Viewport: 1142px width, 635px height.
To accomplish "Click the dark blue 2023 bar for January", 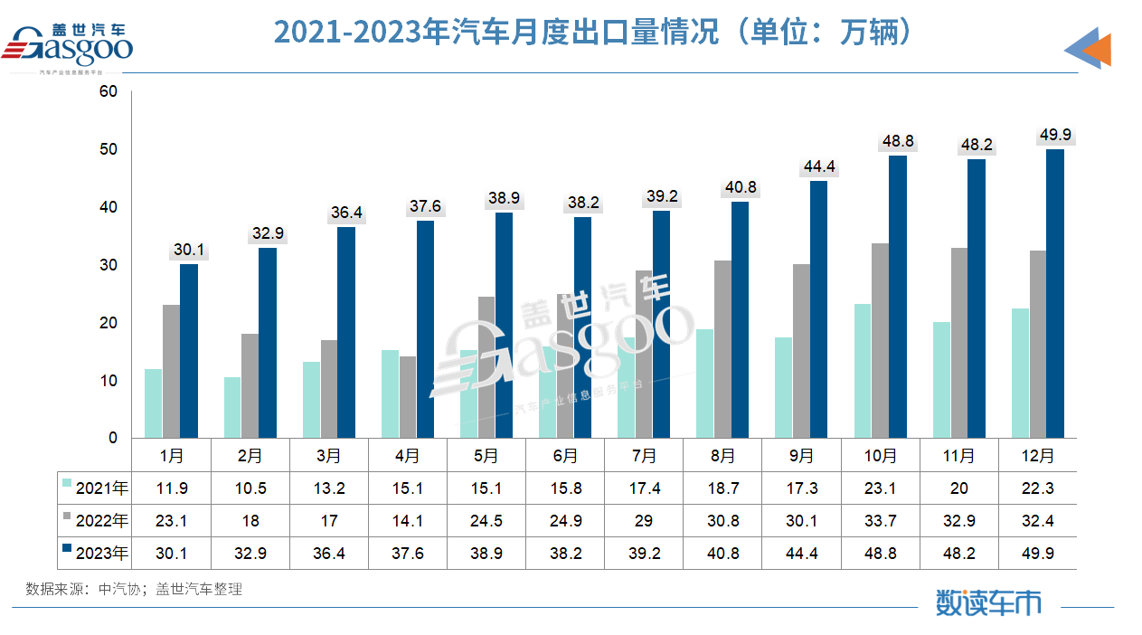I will [x=188, y=351].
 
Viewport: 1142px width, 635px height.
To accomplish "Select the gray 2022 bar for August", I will [x=722, y=349].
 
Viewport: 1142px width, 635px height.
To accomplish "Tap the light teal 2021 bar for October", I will [x=863, y=371].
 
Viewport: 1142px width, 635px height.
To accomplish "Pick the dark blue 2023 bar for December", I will [x=1054, y=294].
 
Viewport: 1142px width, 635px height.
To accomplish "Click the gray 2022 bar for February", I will [x=250, y=386].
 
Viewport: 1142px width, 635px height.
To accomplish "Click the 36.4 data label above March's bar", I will [x=346, y=213].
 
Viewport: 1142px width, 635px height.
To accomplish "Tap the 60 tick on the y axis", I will [x=109, y=91].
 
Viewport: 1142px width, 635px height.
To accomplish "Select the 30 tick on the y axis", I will [x=109, y=265].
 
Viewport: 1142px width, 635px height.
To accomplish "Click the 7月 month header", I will [x=644, y=455].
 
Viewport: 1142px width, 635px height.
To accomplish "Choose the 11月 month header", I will [x=958, y=455].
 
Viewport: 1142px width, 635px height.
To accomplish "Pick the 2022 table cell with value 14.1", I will [x=408, y=521].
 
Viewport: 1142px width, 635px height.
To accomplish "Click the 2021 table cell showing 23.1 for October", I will [x=880, y=488].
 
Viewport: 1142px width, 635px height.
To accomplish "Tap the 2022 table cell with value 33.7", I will [x=880, y=521].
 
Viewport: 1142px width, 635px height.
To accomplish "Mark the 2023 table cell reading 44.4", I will [x=801, y=553].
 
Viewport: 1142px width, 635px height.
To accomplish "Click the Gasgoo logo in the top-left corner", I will [x=69, y=45].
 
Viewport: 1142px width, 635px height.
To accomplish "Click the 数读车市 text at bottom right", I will [x=988, y=601].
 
